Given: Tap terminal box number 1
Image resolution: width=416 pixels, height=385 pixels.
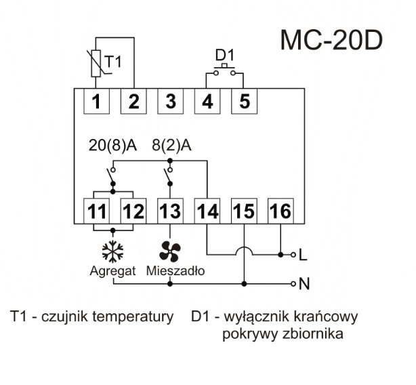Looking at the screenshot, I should tap(97, 102).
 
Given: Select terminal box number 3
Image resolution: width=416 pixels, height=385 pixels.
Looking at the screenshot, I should tap(170, 102).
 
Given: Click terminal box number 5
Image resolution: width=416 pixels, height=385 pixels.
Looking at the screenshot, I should tap(244, 102).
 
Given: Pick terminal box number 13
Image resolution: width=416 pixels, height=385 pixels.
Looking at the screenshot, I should tap(170, 211).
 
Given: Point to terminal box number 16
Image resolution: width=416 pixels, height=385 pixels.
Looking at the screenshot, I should tap(280, 211).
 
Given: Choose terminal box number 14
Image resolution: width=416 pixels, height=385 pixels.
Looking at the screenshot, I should tap(207, 211).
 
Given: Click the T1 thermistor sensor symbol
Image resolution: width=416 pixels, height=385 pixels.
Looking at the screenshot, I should tap(96, 62).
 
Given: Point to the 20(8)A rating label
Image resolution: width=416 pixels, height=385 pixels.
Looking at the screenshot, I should tap(112, 145).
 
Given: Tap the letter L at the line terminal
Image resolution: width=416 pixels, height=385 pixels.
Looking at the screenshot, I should tap(303, 256).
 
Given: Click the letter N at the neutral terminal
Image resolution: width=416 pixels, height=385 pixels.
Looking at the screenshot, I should tap(304, 283).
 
